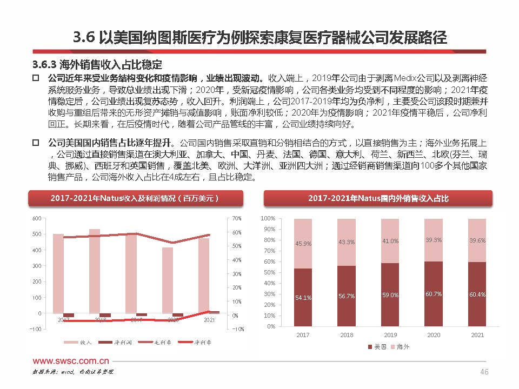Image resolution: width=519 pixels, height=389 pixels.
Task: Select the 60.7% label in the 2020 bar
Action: pos(434,294)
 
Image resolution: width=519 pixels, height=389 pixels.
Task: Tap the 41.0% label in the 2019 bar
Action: pos(390,241)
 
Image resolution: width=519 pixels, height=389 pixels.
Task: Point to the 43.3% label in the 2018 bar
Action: pos(347,242)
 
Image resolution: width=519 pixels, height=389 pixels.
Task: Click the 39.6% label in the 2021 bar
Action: pos(477,240)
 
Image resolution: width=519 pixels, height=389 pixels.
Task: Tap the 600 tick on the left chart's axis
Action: pos(37,218)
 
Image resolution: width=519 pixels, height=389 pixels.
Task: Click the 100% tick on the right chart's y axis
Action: pos(269,218)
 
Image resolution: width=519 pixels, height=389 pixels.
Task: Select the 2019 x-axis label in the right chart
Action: pos(390,336)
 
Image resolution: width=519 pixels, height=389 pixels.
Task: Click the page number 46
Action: pos(484,372)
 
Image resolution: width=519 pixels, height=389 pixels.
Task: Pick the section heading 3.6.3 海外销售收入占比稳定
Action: pos(97,65)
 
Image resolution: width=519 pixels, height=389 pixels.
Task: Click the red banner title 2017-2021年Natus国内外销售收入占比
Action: pos(378,199)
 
